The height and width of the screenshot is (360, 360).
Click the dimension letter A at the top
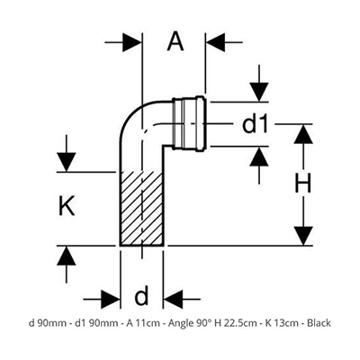[x=175, y=42]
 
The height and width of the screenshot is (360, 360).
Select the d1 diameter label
[x=255, y=124]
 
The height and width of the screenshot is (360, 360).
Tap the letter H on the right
[x=303, y=184]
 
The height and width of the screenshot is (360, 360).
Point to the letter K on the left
[x=67, y=207]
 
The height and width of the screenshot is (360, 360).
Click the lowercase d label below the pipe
[x=141, y=294]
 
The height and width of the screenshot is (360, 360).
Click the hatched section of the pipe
[x=141, y=209]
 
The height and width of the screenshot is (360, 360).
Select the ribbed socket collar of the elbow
[x=189, y=123]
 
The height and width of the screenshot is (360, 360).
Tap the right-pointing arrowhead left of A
[x=131, y=42]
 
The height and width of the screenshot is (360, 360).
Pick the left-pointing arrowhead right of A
[x=215, y=42]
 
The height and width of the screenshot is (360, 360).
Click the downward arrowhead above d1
[x=259, y=92]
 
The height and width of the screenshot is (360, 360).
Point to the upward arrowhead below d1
[x=259, y=157]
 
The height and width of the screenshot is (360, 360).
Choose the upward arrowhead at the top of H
[x=303, y=133]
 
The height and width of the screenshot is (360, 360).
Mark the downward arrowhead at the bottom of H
[x=303, y=236]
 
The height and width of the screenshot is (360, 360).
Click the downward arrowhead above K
[x=67, y=162]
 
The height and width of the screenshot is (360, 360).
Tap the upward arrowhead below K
[x=67, y=256]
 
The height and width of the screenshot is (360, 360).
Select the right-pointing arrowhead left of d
[x=111, y=299]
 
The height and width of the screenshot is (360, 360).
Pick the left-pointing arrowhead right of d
[x=173, y=299]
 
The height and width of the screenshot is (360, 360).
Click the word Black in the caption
[x=319, y=323]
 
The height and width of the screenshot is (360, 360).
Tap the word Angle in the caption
[x=180, y=324]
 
